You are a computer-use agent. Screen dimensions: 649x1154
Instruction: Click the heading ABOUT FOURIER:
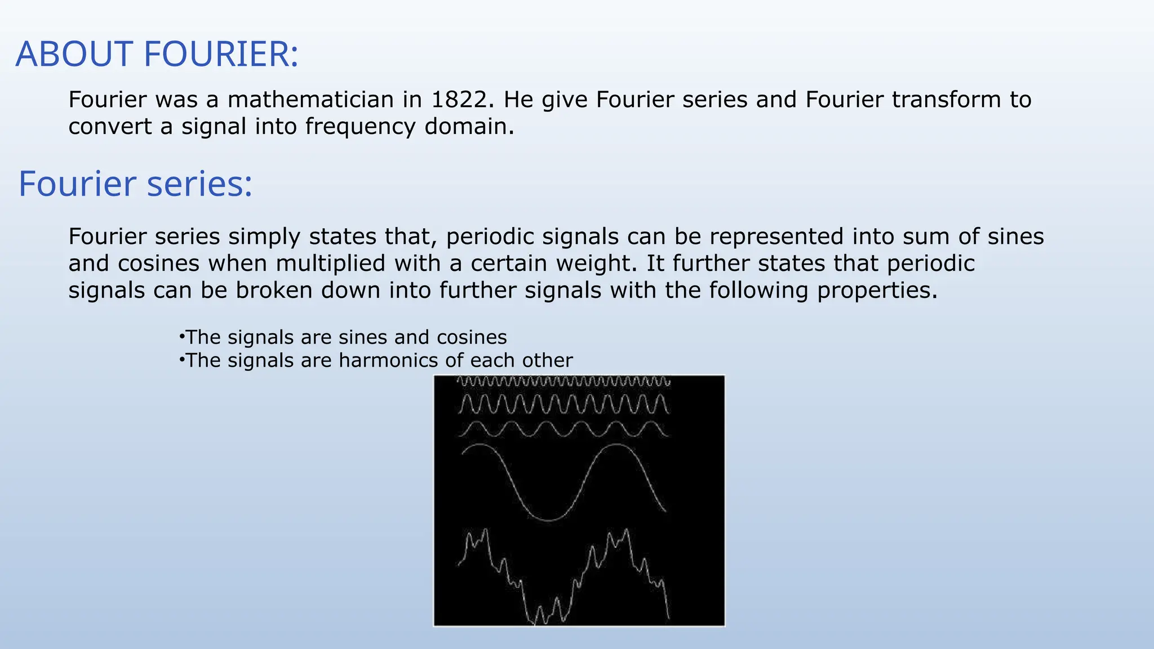click(157, 55)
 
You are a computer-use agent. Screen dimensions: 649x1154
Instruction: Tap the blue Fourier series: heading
click(135, 184)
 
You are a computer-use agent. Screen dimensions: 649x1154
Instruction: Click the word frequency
click(360, 126)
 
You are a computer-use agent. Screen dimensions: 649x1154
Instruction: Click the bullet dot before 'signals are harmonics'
click(181, 359)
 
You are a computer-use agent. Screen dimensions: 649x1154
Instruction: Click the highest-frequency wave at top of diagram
click(563, 381)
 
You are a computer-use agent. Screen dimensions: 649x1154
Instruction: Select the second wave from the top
click(563, 404)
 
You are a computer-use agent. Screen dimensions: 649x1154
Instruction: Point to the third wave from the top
click(563, 430)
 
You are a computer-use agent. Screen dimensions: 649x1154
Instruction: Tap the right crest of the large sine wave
click(618, 445)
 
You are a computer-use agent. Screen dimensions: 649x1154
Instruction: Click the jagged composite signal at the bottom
click(563, 586)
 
